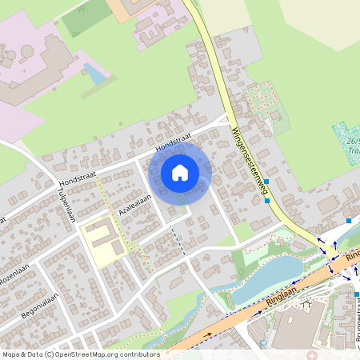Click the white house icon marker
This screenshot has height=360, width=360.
(x=180, y=172)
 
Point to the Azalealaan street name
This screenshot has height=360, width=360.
(x=135, y=202)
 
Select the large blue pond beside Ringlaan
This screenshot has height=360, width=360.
(x=268, y=276)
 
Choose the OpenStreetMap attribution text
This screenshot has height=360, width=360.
(x=80, y=354)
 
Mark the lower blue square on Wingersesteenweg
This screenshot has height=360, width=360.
(x=267, y=200)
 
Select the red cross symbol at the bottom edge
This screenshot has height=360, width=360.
(x=311, y=354)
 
